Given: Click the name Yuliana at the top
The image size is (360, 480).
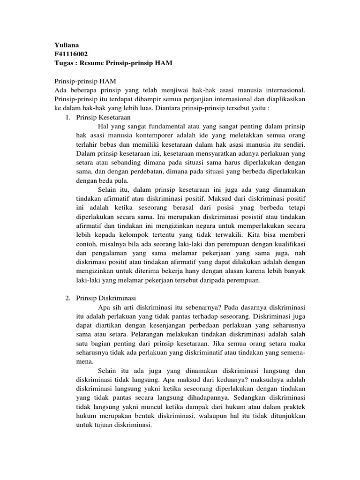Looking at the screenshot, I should point(66,45).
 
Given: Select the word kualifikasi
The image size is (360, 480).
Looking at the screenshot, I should point(286,244).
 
